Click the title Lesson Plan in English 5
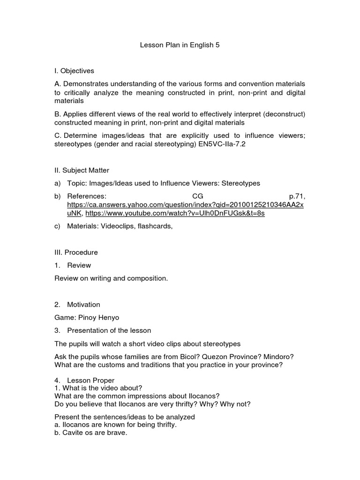(x=180, y=45)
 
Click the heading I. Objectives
(x=74, y=71)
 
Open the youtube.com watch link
(x=175, y=213)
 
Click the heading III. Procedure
(x=76, y=252)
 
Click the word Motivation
(x=83, y=305)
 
